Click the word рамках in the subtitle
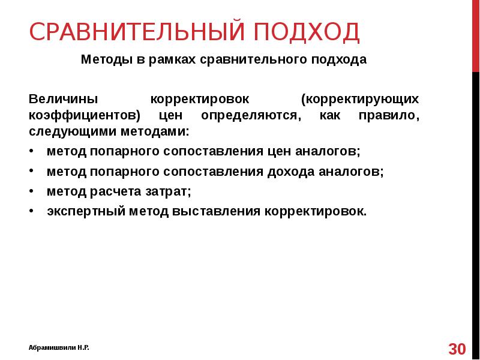pyautogui.click(x=166, y=61)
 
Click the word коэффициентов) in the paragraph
pyautogui.click(x=85, y=115)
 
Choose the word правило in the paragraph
pyautogui.click(x=395, y=115)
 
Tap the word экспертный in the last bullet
pyautogui.click(x=78, y=211)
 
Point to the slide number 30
pyautogui.click(x=457, y=349)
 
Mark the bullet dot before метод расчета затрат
pyautogui.click(x=31, y=191)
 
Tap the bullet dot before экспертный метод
pyautogui.click(x=31, y=211)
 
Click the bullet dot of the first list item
pyautogui.click(x=31, y=152)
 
